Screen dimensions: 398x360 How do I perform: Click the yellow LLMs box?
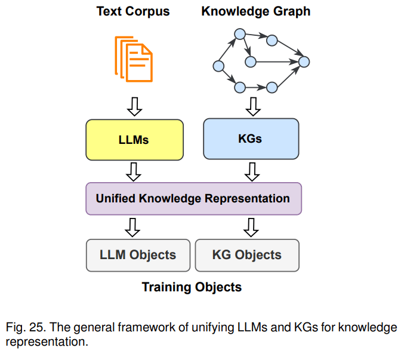click(x=134, y=140)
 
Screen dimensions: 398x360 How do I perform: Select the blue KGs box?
click(x=251, y=139)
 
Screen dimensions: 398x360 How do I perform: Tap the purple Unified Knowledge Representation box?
click(x=194, y=199)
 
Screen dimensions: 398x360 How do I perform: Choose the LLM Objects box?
click(x=138, y=255)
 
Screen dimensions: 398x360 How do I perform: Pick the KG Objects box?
click(x=247, y=255)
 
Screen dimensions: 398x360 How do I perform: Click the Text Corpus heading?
click(x=133, y=11)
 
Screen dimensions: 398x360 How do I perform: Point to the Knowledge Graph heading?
click(x=256, y=11)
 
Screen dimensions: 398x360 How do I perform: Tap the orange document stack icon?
click(x=134, y=59)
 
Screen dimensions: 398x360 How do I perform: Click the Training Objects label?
click(x=192, y=287)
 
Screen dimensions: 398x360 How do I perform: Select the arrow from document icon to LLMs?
click(x=134, y=107)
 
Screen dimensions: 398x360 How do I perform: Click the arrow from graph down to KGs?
click(x=253, y=107)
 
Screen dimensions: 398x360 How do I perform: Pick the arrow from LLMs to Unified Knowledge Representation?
click(x=134, y=172)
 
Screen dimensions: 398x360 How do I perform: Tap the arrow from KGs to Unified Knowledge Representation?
click(x=252, y=172)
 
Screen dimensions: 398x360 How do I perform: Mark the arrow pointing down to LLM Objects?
click(x=132, y=227)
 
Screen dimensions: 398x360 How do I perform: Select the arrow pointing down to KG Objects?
click(x=251, y=227)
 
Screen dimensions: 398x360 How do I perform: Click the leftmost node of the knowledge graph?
click(x=218, y=66)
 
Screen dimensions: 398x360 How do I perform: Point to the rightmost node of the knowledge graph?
click(x=304, y=61)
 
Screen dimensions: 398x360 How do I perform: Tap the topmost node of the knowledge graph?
click(x=240, y=34)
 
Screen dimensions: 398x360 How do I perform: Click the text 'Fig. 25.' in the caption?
click(x=26, y=327)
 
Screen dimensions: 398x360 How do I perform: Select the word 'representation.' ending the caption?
click(x=47, y=341)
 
